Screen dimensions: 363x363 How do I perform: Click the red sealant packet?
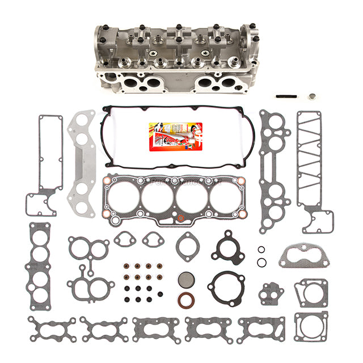click(168, 136)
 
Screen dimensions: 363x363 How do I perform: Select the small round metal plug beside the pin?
click(312, 96)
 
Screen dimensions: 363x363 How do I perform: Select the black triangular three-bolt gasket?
click(227, 247)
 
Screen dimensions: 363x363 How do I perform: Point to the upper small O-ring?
click(261, 250)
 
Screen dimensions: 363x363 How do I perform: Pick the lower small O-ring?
click(261, 262)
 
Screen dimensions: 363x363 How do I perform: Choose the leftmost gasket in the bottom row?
click(52, 329)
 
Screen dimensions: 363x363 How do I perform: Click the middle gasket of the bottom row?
click(155, 329)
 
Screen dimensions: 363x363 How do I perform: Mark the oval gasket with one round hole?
click(187, 246)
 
